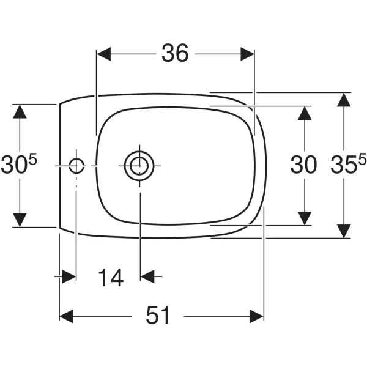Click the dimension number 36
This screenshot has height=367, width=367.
(x=175, y=53)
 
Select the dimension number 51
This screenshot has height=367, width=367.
(x=158, y=315)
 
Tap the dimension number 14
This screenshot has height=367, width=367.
(x=111, y=278)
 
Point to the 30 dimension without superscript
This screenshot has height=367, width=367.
(x=303, y=165)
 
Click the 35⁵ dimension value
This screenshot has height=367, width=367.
(x=348, y=164)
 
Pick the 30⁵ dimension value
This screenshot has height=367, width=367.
(x=19, y=164)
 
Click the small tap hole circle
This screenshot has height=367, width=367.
(x=76, y=166)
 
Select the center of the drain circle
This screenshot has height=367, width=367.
(x=139, y=166)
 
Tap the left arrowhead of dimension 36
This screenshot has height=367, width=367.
(x=104, y=54)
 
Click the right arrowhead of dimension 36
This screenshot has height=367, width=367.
(x=247, y=54)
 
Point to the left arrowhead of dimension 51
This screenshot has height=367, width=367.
(x=67, y=316)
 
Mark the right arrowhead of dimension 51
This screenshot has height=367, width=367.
(x=256, y=316)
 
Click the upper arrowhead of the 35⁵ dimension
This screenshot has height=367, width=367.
(x=344, y=100)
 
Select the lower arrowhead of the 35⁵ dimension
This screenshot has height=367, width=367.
(x=344, y=231)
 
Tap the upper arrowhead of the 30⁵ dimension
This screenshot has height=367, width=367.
(x=20, y=111)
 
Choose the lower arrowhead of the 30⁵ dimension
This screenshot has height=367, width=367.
(x=20, y=220)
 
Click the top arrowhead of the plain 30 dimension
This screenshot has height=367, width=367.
(x=304, y=113)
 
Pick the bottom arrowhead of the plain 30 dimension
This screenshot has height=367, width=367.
(x=304, y=218)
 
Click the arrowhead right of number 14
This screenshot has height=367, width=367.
(x=147, y=276)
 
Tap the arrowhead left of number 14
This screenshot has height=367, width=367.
(x=69, y=276)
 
